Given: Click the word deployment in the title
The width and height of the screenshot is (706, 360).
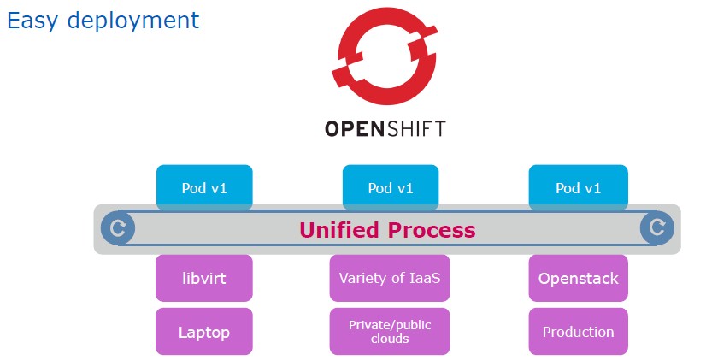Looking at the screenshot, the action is coord(133,21).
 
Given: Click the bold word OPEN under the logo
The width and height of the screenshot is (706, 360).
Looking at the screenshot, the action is coord(354,129).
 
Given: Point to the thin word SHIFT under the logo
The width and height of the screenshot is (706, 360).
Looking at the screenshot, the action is coord(415,129).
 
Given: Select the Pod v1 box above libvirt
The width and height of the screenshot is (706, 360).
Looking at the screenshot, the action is coord(204,187).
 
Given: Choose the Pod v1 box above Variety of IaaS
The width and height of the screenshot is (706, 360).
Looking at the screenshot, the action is coord(391,187).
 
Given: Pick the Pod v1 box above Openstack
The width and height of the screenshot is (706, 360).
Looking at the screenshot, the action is coord(578,187).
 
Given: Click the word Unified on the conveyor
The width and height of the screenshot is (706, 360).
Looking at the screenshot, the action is coord(339,230).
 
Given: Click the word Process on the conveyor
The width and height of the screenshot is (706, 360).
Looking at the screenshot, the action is coord(432,230).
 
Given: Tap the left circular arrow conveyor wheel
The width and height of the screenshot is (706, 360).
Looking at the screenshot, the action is coord(117,228).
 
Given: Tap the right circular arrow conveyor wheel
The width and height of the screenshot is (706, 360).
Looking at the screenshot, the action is coord(657,227).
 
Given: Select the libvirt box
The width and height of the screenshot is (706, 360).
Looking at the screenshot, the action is coord(204,278).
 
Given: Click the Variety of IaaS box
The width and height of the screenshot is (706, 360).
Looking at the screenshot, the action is coord(390,278).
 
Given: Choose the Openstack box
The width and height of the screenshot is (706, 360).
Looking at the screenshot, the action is coord(578,278).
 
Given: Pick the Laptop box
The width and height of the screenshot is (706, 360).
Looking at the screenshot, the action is coord(204,332).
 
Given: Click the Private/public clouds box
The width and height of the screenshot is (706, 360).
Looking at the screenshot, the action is coord(390,332).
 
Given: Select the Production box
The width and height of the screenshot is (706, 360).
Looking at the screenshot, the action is coord(578,332).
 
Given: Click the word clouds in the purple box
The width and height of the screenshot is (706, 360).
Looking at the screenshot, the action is coord(390,339).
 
